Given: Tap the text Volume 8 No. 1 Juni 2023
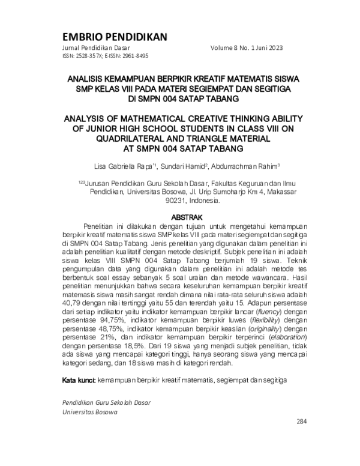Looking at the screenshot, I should pyautogui.click(x=247, y=47).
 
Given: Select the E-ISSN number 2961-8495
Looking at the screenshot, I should pyautogui.click(x=136, y=55).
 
